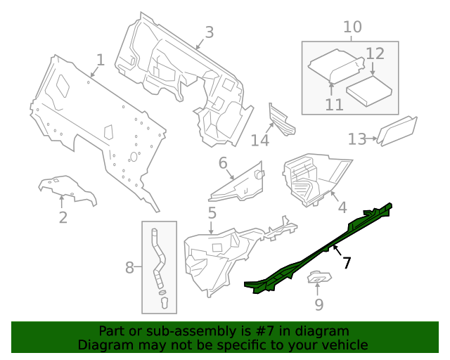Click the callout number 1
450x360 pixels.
(x=101, y=60)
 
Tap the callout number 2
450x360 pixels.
(x=63, y=217)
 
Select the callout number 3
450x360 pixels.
(x=209, y=32)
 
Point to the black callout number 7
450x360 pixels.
(x=347, y=263)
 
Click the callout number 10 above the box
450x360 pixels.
(x=352, y=27)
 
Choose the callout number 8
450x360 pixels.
(x=129, y=267)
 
